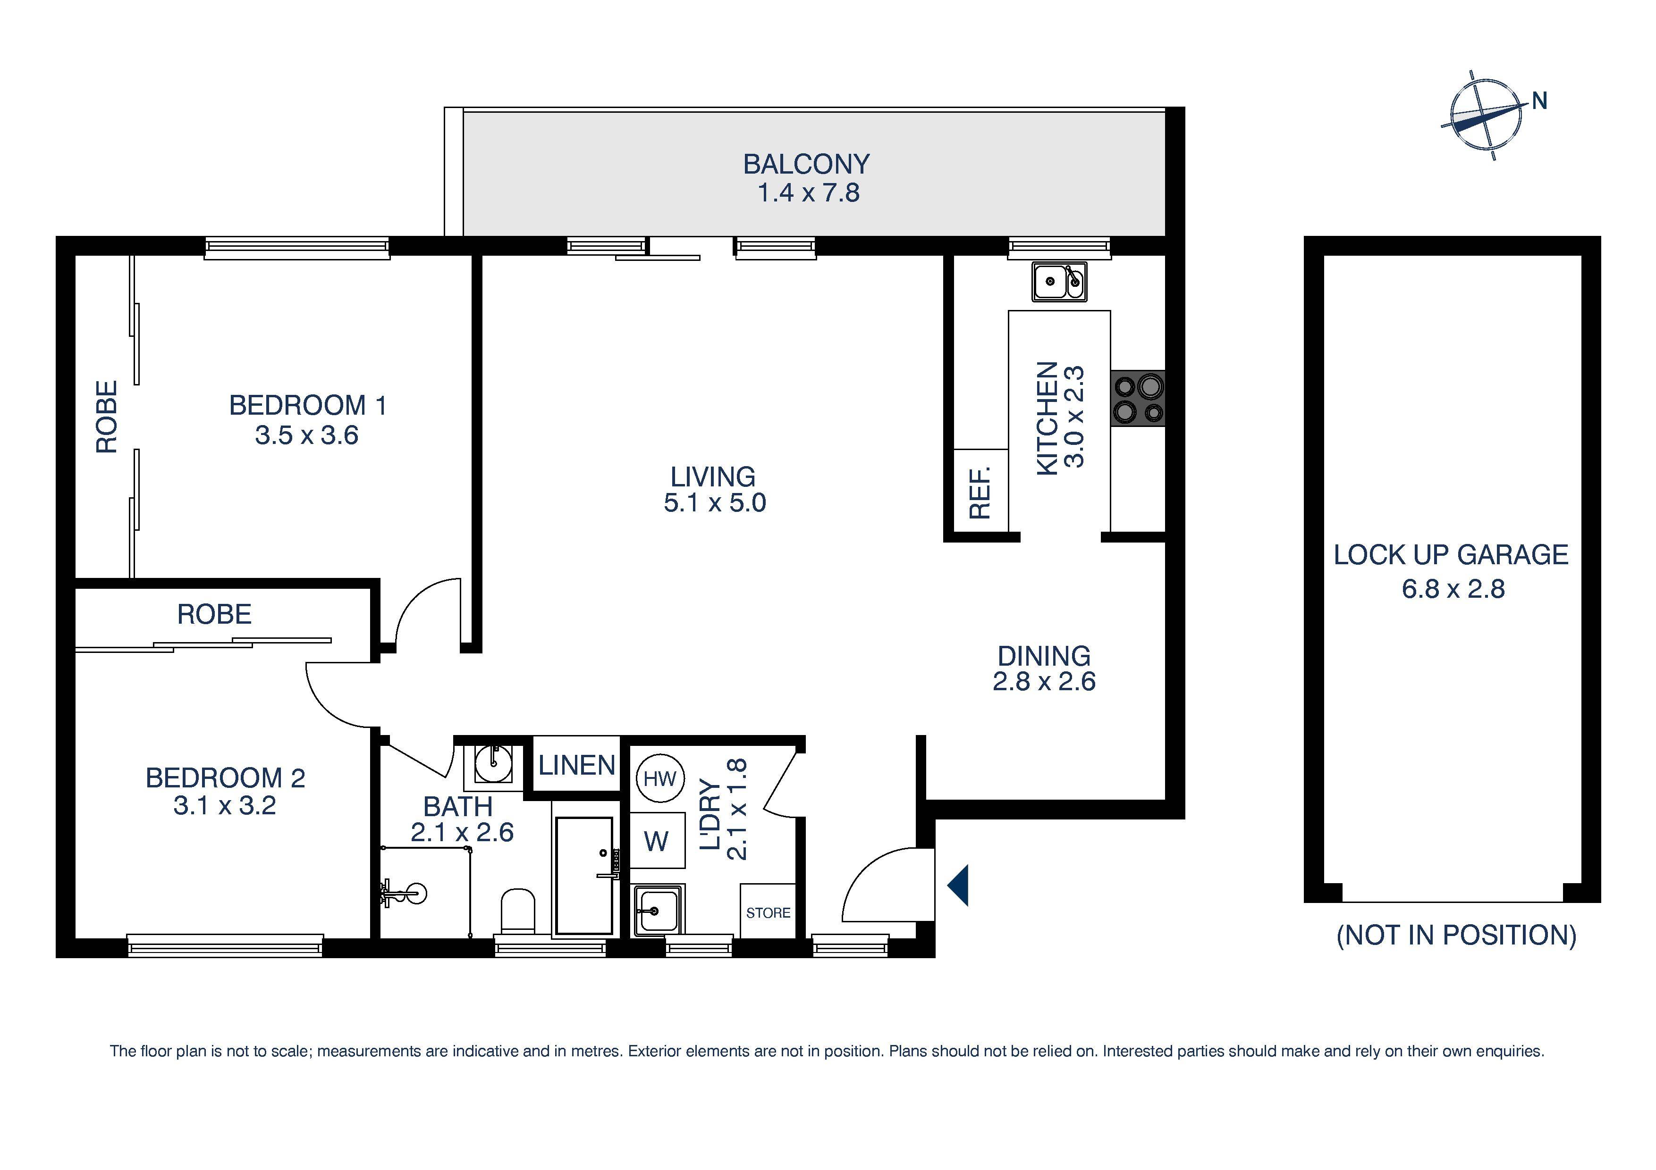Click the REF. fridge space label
tap(980, 493)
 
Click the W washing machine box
tap(656, 841)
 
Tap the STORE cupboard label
tap(768, 912)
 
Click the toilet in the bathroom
tap(517, 910)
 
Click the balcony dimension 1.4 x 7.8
tap(808, 193)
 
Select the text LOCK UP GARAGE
tap(1451, 554)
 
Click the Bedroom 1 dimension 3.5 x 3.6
tap(306, 435)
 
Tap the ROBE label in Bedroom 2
tap(214, 614)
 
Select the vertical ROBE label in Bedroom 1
tap(107, 417)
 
